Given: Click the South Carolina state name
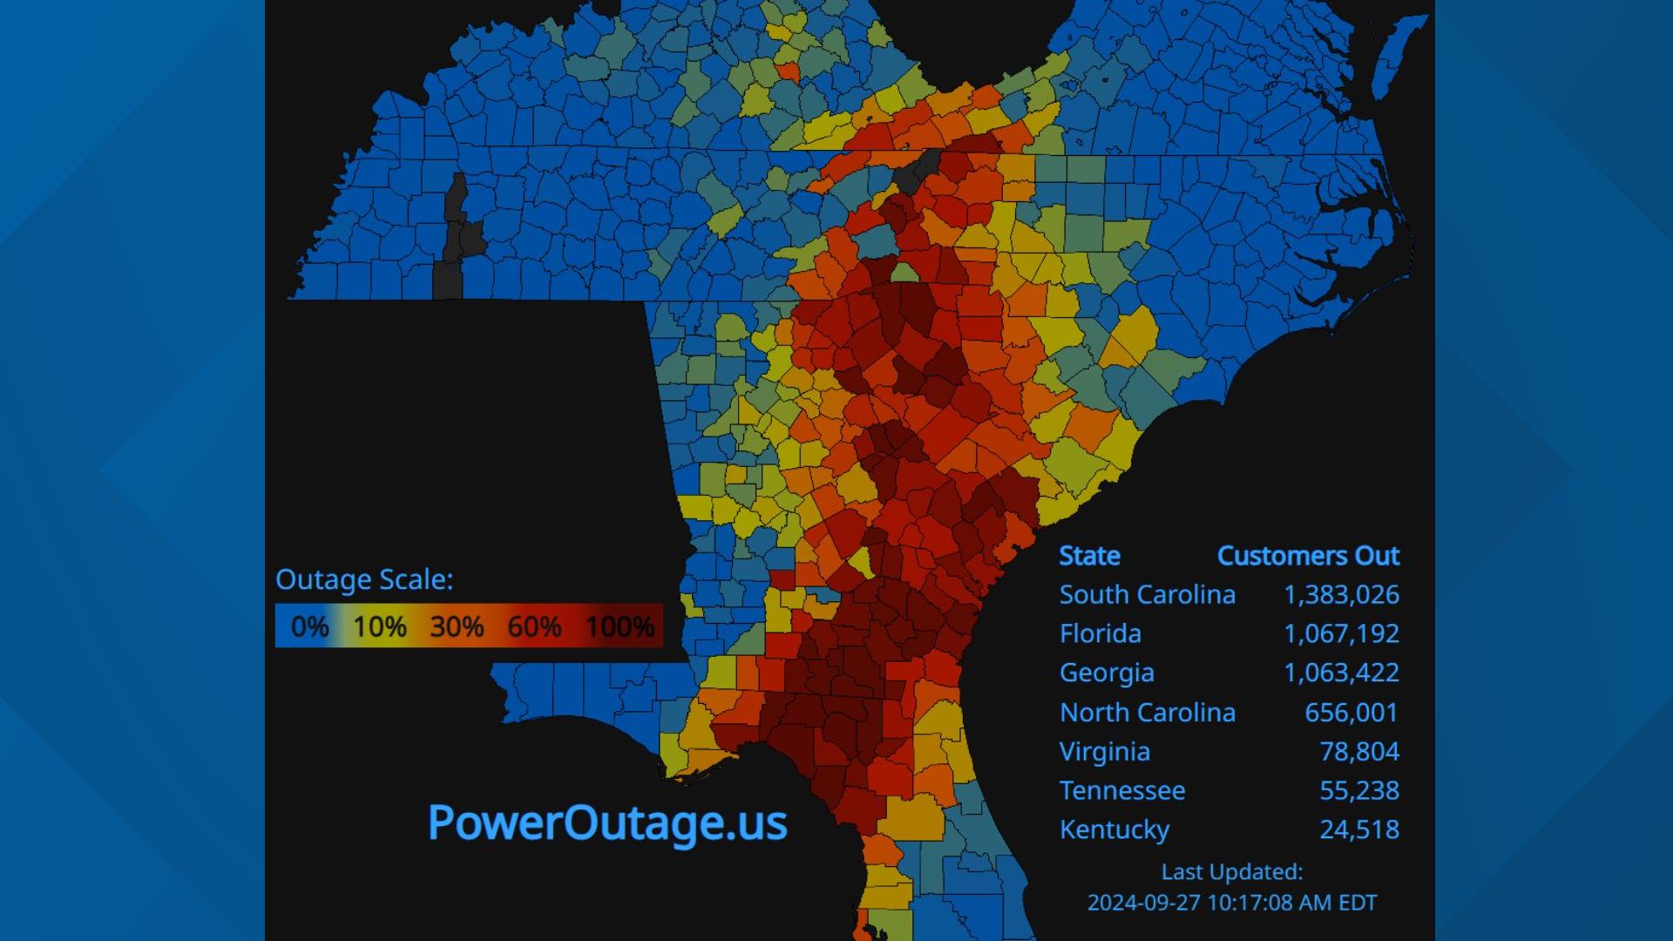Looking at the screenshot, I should point(1147,595).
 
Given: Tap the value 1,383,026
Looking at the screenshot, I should point(1341,595).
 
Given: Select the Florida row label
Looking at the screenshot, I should point(1100,634).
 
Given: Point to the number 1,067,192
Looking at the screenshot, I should point(1341,634).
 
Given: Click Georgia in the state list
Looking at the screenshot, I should point(1107,674).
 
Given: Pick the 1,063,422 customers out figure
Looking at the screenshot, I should point(1341,674).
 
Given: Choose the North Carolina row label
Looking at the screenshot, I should point(1147,713).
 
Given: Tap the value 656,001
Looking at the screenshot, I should point(1351,713).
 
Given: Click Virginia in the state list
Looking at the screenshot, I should point(1104,752).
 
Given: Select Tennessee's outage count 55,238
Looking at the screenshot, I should point(1358,791).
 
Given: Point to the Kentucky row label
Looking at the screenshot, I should point(1114,830).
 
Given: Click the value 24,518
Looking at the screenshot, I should point(1358,830).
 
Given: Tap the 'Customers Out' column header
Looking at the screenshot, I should point(1307,556).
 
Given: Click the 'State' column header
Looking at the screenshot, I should point(1089,556).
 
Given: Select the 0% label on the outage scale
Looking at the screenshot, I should point(309,626).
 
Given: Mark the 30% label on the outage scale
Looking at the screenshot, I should point(457,626).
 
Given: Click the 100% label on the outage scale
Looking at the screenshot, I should point(620,626).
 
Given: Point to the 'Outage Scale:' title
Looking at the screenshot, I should point(364,580).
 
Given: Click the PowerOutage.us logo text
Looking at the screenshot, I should point(607,823).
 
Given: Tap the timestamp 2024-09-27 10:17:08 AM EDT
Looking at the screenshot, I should point(1231,903).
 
